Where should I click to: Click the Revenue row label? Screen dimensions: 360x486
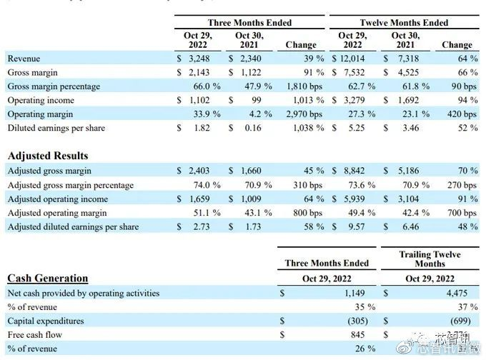(x=24, y=59)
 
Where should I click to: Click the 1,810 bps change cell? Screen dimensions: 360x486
(x=304, y=86)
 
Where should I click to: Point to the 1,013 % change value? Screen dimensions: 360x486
(x=304, y=101)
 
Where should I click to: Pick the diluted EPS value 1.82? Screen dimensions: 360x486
(x=201, y=128)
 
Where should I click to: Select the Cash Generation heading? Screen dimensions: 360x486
(x=48, y=279)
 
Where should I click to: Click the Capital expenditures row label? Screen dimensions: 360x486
(x=46, y=321)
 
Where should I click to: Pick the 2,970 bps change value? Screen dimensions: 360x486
(x=304, y=114)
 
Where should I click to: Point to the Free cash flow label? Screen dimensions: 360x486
(x=35, y=334)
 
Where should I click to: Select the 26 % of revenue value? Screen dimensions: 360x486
(x=364, y=349)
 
